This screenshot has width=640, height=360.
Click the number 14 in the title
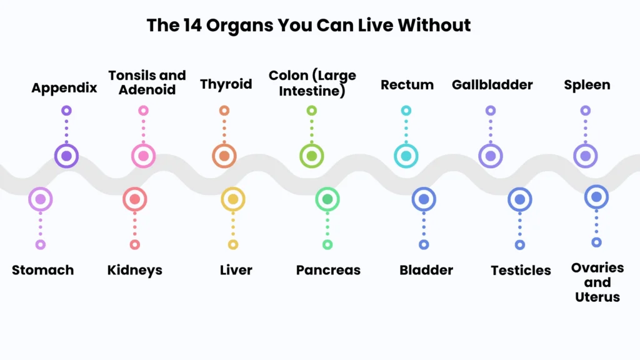click(192, 25)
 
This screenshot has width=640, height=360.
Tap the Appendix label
click(64, 88)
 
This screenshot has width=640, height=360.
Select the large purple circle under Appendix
click(66, 156)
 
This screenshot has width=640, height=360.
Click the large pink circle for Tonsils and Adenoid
click(143, 156)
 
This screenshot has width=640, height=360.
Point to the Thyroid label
click(226, 84)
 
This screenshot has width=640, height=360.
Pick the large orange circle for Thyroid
click(224, 156)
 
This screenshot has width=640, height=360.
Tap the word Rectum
click(407, 85)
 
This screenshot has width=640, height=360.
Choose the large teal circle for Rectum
click(406, 156)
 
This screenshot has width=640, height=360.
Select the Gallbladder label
click(492, 85)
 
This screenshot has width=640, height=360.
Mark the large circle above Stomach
click(41, 199)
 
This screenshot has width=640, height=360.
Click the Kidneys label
click(135, 271)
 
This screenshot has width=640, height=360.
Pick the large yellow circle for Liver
click(233, 199)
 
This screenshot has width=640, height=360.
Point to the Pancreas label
click(328, 270)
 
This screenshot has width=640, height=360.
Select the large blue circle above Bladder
click(424, 199)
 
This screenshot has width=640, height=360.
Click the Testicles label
click(521, 270)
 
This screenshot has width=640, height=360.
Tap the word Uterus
click(597, 297)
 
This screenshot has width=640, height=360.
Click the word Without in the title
click(434, 25)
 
